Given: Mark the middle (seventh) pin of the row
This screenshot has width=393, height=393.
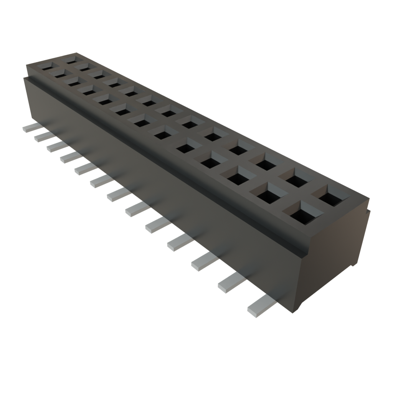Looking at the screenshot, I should [119, 195].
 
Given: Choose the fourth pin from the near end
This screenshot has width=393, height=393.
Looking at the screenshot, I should [179, 242].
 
